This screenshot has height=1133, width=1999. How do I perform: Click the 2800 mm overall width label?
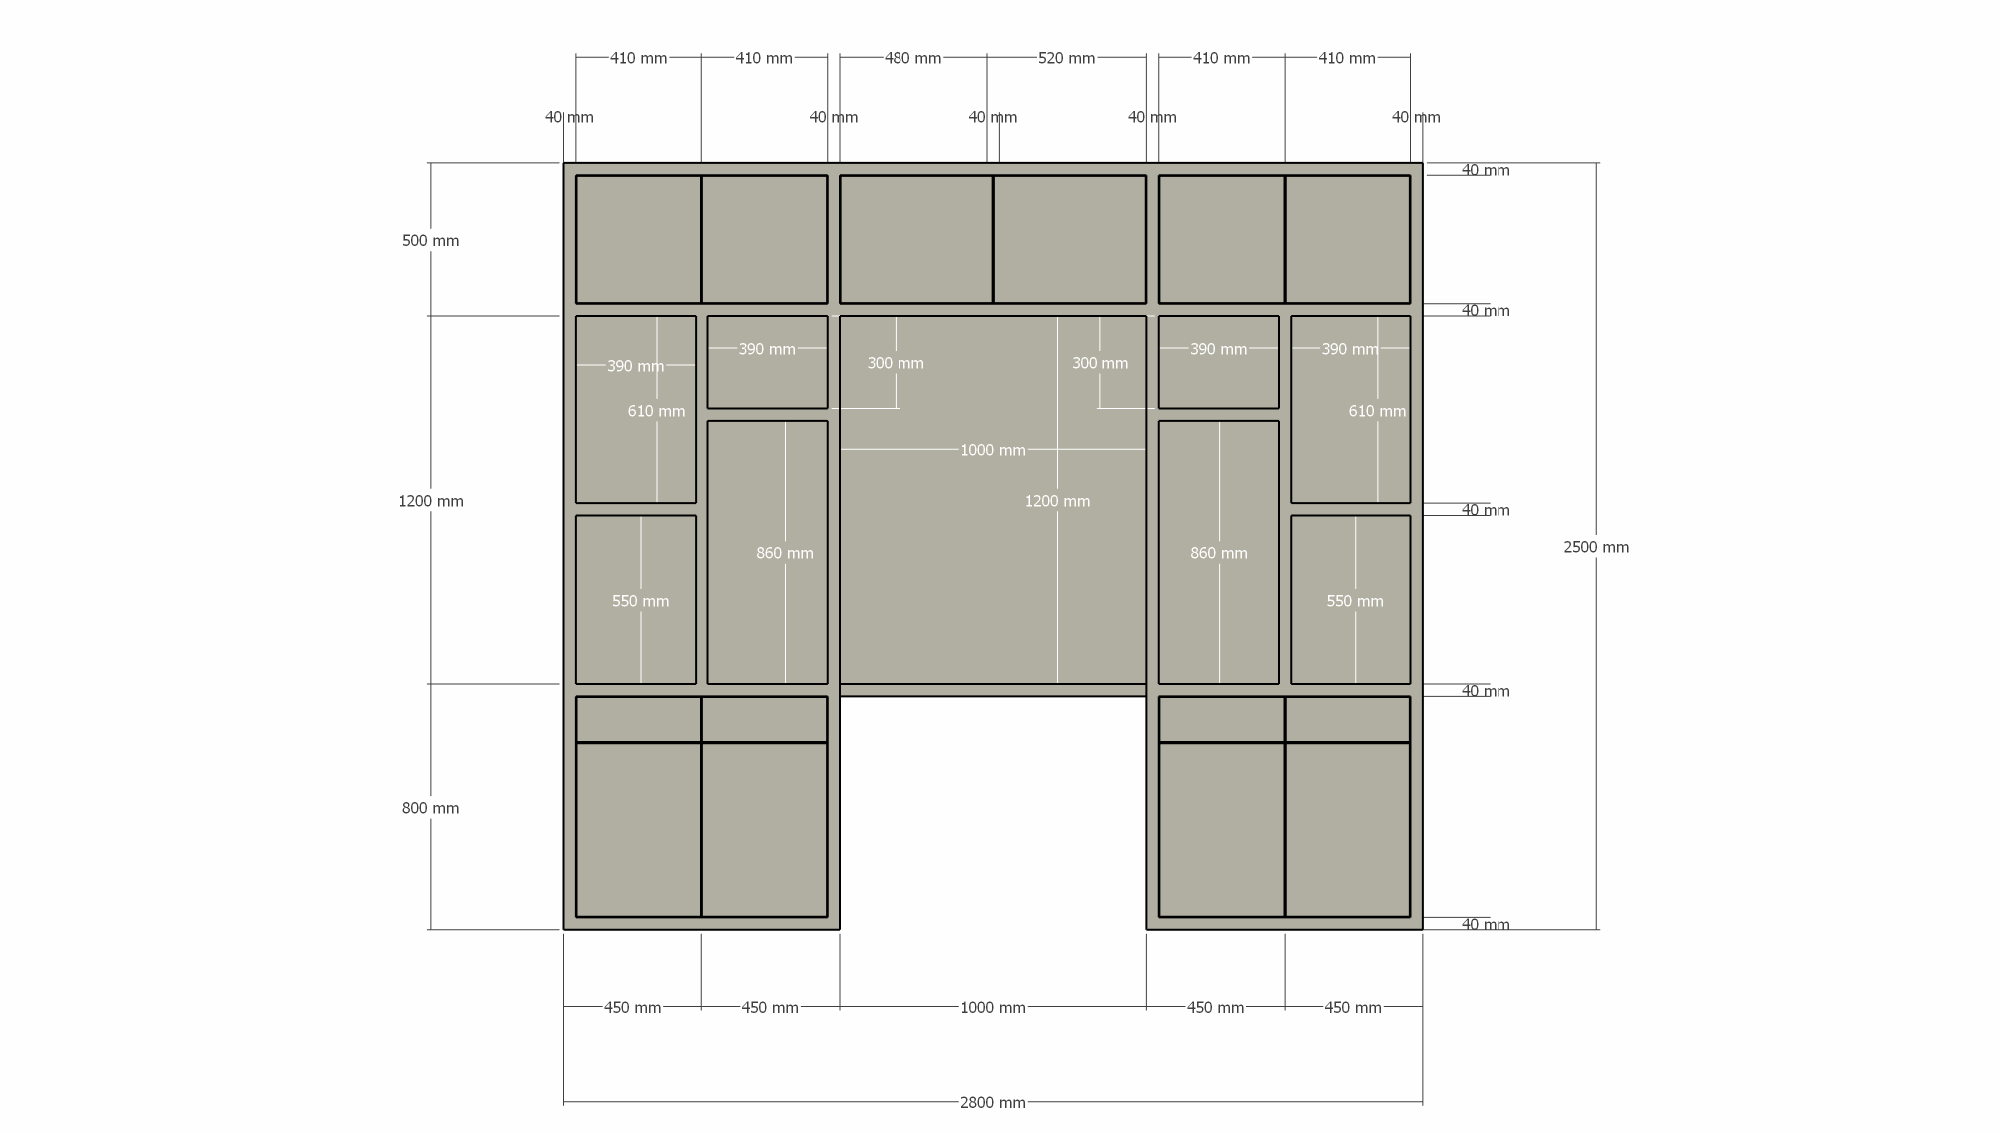tap(992, 1102)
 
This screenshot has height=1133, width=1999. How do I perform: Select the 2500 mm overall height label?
tap(1596, 547)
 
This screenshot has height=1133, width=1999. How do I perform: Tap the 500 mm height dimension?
tap(430, 241)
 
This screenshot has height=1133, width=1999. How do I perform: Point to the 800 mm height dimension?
tap(430, 808)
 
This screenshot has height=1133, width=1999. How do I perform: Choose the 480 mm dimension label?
tap(912, 58)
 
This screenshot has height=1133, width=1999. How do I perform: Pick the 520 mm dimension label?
tap(1066, 58)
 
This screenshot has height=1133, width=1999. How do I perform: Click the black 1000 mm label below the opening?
tap(992, 1007)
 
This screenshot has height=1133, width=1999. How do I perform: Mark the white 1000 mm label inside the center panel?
tap(992, 450)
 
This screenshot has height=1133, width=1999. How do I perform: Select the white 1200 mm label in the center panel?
tap(1057, 501)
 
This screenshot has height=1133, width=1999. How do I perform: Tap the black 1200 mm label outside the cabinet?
tap(431, 501)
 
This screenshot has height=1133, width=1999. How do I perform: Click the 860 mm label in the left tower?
tap(785, 553)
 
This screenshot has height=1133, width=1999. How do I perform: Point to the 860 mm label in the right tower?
tap(1219, 553)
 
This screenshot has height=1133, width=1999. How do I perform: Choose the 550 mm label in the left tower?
tap(640, 601)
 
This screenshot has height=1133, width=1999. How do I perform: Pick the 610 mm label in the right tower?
tap(1377, 411)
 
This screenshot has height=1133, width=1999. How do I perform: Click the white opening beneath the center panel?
tap(992, 813)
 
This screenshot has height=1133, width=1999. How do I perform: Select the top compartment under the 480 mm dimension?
tap(915, 240)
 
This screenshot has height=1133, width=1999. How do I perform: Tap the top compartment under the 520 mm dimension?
tap(1070, 240)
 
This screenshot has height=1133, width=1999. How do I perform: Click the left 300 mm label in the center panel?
tap(896, 363)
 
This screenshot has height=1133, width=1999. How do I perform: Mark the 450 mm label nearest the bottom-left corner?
tap(632, 1007)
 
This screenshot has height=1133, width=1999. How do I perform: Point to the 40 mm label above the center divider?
tap(992, 117)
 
